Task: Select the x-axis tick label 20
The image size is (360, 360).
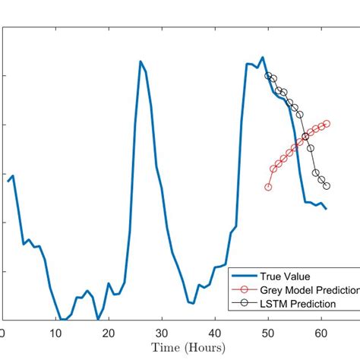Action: [109, 333]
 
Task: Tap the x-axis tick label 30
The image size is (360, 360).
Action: [162, 333]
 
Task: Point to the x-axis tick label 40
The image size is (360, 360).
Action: [215, 333]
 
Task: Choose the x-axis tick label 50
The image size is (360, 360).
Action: [268, 333]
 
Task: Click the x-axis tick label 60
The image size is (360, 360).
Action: [321, 333]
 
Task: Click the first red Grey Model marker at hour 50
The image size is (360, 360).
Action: [268, 187]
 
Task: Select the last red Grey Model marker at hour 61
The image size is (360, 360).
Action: [327, 123]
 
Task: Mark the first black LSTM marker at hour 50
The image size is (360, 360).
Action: [268, 75]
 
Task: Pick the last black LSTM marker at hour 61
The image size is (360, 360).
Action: [327, 186]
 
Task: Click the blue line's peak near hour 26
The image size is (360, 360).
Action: [141, 62]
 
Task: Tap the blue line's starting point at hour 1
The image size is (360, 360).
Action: [8, 181]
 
